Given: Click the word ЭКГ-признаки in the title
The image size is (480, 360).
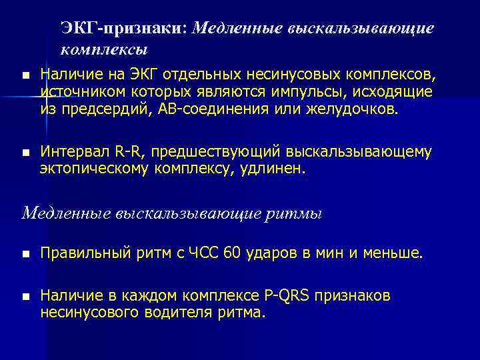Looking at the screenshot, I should point(124,27).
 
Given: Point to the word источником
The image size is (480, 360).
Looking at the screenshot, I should point(77,91).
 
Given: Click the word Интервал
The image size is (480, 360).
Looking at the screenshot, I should point(71,152).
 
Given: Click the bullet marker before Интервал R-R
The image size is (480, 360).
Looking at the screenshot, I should point(25,153).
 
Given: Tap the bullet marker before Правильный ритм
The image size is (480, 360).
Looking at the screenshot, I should point(25,254).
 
